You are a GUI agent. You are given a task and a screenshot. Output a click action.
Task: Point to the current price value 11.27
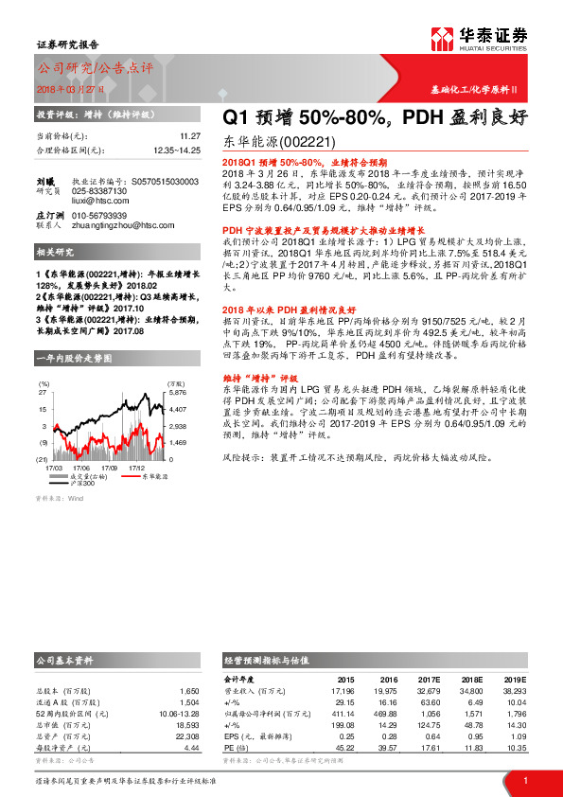tap(190, 136)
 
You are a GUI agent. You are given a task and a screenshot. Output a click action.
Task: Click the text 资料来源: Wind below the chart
tap(60, 497)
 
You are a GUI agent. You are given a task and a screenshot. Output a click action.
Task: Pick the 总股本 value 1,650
tap(189, 692)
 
